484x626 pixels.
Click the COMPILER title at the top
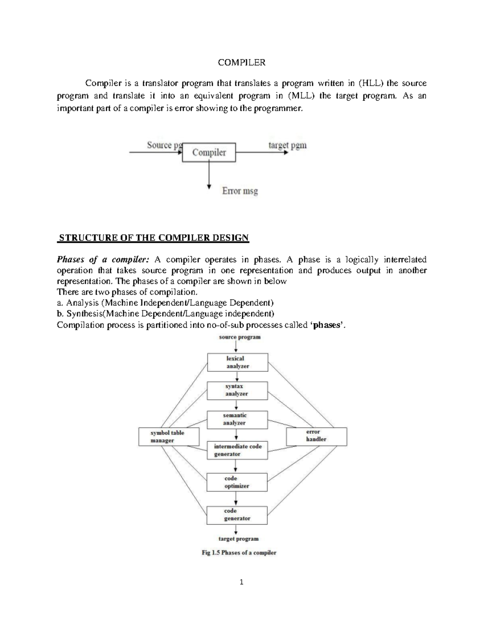(x=242, y=62)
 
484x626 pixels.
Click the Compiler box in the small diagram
(x=209, y=152)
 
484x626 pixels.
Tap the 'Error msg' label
(x=240, y=191)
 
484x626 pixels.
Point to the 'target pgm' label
(x=287, y=145)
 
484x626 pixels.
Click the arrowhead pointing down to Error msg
(x=209, y=186)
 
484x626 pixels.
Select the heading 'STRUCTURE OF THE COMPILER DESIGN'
(x=154, y=237)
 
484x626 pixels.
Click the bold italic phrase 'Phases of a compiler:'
(x=103, y=259)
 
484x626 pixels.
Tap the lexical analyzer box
(x=237, y=362)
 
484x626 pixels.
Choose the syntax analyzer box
(x=237, y=390)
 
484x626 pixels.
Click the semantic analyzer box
(x=237, y=419)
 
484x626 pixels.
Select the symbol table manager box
(x=169, y=437)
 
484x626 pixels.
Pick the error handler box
(x=316, y=436)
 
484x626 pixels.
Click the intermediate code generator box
(x=237, y=450)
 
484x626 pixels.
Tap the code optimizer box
(x=237, y=482)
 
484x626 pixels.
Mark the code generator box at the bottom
(x=237, y=515)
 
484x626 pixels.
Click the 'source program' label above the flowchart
(x=240, y=337)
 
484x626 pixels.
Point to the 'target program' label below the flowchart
(x=238, y=539)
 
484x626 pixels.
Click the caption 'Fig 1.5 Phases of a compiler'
(x=239, y=553)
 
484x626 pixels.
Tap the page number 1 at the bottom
(x=242, y=582)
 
